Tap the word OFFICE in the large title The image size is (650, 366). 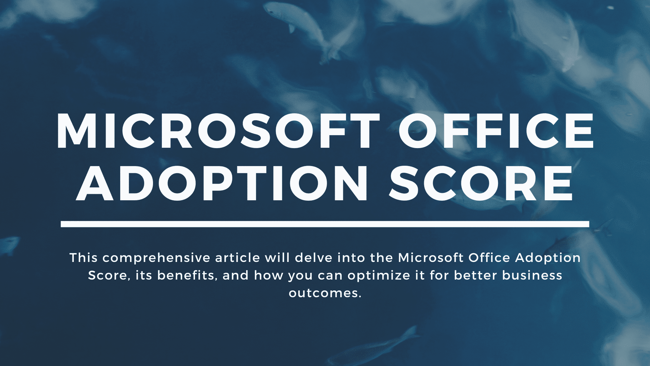tap(496, 131)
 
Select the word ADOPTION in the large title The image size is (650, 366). tap(222, 183)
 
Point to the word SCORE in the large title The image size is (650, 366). tap(481, 183)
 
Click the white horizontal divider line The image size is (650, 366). tap(325, 224)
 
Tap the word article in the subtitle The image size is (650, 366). tap(238, 258)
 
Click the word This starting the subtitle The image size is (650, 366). tap(84, 258)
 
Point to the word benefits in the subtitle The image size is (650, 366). tap(188, 276)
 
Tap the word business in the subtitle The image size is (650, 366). tap(532, 276)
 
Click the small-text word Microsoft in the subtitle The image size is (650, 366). tap(431, 258)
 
